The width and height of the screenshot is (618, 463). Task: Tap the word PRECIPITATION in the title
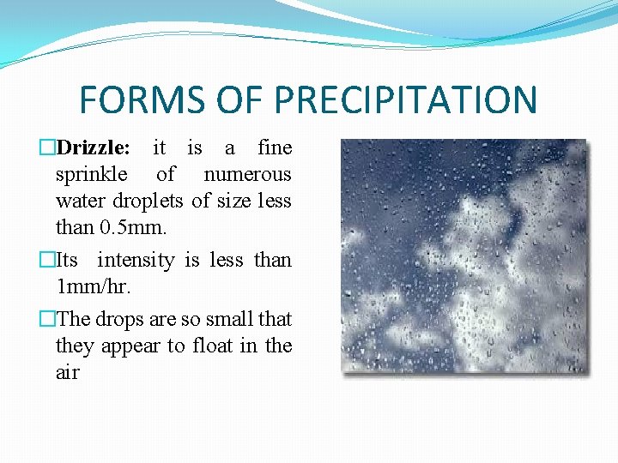tap(406, 99)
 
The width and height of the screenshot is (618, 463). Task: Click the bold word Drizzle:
tap(94, 147)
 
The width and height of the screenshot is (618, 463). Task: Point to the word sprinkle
tap(92, 175)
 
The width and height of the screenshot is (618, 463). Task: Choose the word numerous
tap(247, 175)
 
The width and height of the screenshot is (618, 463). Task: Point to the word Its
tap(67, 260)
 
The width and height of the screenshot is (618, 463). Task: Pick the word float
tap(215, 346)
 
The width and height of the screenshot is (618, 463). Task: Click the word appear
tap(131, 346)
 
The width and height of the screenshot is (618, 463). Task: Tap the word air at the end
tap(67, 373)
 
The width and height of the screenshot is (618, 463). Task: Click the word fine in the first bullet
tap(275, 147)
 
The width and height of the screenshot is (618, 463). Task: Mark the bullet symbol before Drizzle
tap(48, 147)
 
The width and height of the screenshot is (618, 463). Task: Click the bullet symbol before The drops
tap(48, 319)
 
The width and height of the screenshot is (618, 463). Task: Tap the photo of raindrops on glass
tap(463, 257)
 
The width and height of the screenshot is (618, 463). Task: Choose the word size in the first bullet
tap(232, 201)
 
